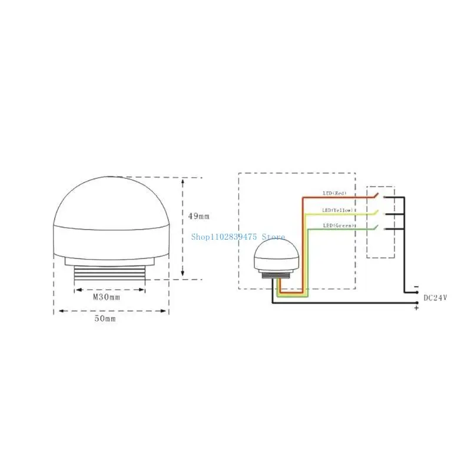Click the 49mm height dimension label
click(198, 216)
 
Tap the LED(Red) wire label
click(335, 194)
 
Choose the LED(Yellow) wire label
click(337, 210)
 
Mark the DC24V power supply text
click(436, 298)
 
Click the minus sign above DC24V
click(417, 287)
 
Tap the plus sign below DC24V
click(416, 308)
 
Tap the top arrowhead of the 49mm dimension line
click(183, 180)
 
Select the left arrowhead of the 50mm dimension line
click(57, 312)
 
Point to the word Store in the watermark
click(273, 237)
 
